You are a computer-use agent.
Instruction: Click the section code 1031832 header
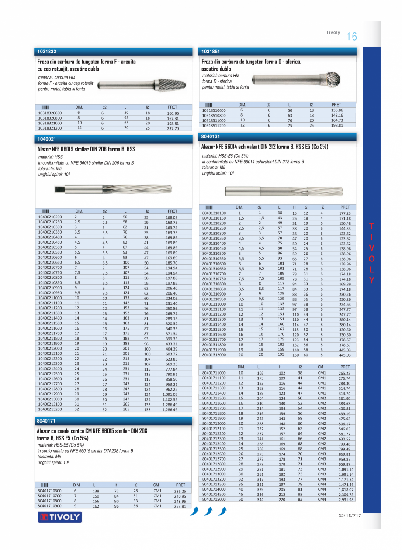pyautogui.click(x=47, y=52)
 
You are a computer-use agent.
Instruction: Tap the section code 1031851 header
pyautogui.click(x=211, y=52)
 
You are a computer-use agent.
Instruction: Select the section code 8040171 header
pyautogui.click(x=47, y=421)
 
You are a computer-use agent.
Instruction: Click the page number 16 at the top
pyautogui.click(x=351, y=37)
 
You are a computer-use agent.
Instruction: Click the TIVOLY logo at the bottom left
pyautogui.click(x=60, y=517)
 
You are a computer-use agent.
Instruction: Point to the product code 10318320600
pyautogui.click(x=50, y=113)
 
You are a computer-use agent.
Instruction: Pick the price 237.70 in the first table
pyautogui.click(x=173, y=129)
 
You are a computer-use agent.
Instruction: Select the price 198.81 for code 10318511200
pyautogui.click(x=337, y=125)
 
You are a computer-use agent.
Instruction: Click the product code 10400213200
pyautogui.click(x=50, y=409)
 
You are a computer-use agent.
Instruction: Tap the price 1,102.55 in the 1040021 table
pyautogui.click(x=170, y=399)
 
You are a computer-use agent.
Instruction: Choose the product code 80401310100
pyautogui.click(x=214, y=213)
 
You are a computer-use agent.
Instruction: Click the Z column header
pyautogui.click(x=322, y=207)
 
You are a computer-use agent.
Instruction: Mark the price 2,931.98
pyautogui.click(x=345, y=500)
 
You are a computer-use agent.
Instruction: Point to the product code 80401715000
pyautogui.click(x=214, y=499)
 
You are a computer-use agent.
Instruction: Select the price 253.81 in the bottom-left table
pyautogui.click(x=180, y=506)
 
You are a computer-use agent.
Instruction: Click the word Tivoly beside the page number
pyautogui.click(x=333, y=33)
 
